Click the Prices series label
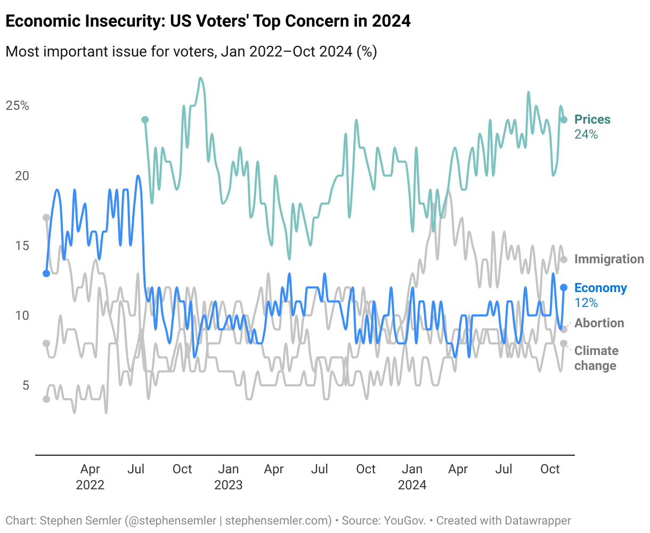coord(592,119)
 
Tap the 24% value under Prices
coord(586,134)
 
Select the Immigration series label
coord(609,259)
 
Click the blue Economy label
coord(600,288)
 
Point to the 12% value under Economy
coord(586,303)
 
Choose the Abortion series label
coord(599,323)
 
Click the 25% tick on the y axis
coord(18,106)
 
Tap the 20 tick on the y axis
coord(22,175)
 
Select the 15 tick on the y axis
coord(22,246)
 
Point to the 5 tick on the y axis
coord(26,385)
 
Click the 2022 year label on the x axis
coord(90,485)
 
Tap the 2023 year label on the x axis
coord(228,485)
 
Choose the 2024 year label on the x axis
coord(412,485)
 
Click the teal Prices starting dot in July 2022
coord(145,120)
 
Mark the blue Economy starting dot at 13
coord(46,273)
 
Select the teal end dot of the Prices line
coord(564,119)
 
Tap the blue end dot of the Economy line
coord(564,288)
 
